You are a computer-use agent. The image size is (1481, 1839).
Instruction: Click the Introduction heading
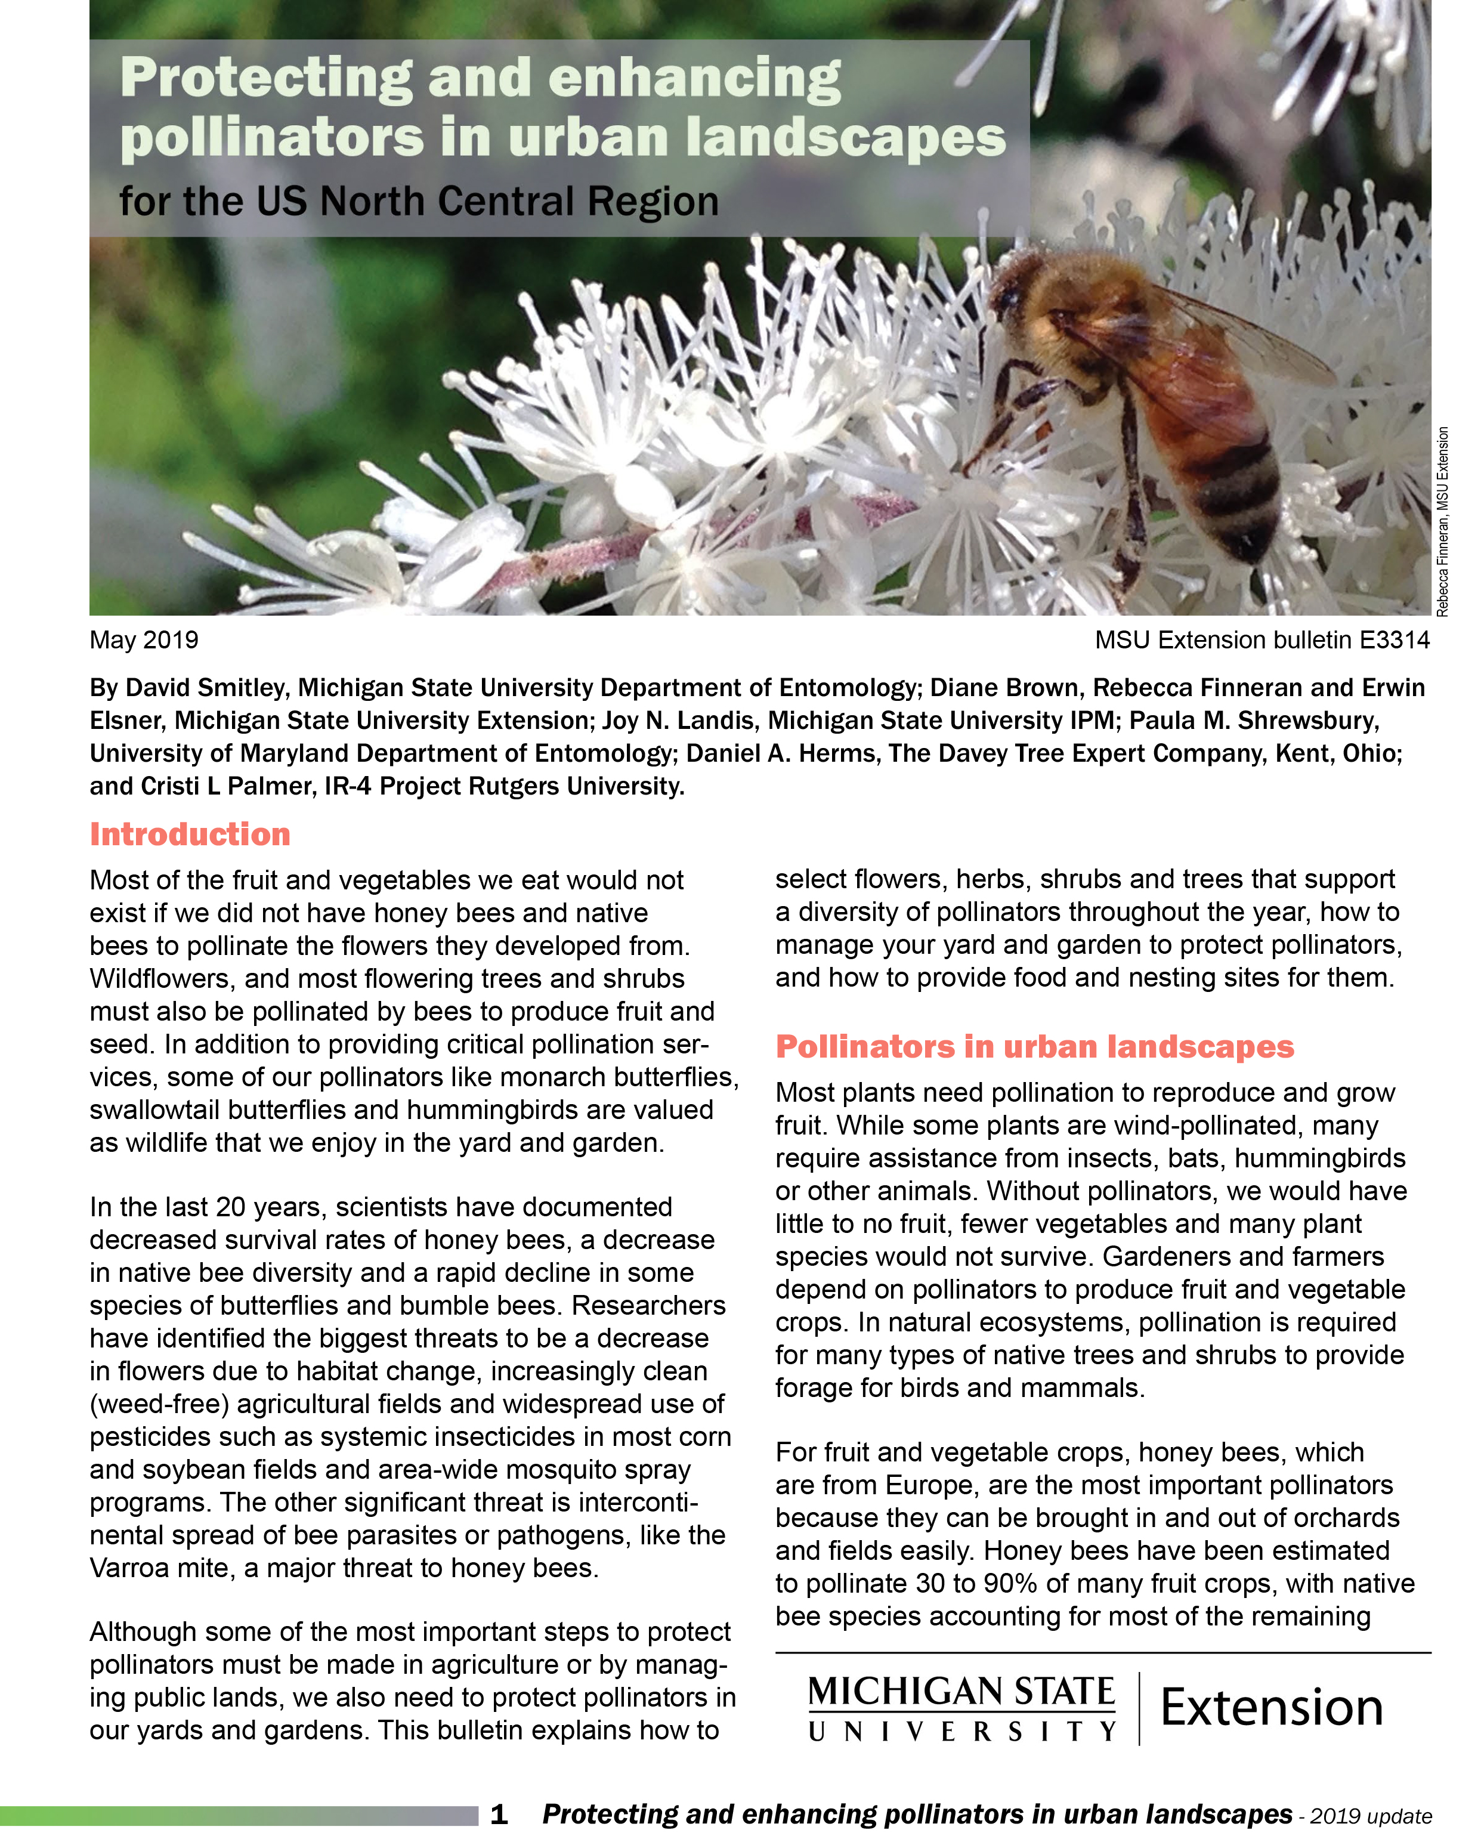tap(190, 834)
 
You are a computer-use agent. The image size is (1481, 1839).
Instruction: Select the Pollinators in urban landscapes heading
tap(1034, 1047)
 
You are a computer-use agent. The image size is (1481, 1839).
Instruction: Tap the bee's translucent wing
tap(1229, 341)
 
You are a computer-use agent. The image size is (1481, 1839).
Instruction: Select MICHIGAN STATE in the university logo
tap(961, 1692)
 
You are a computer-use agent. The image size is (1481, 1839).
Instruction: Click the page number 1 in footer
tap(499, 1813)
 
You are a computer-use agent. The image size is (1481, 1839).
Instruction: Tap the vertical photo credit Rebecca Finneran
tap(1442, 563)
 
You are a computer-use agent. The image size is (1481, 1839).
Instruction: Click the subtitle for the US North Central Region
tap(418, 202)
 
